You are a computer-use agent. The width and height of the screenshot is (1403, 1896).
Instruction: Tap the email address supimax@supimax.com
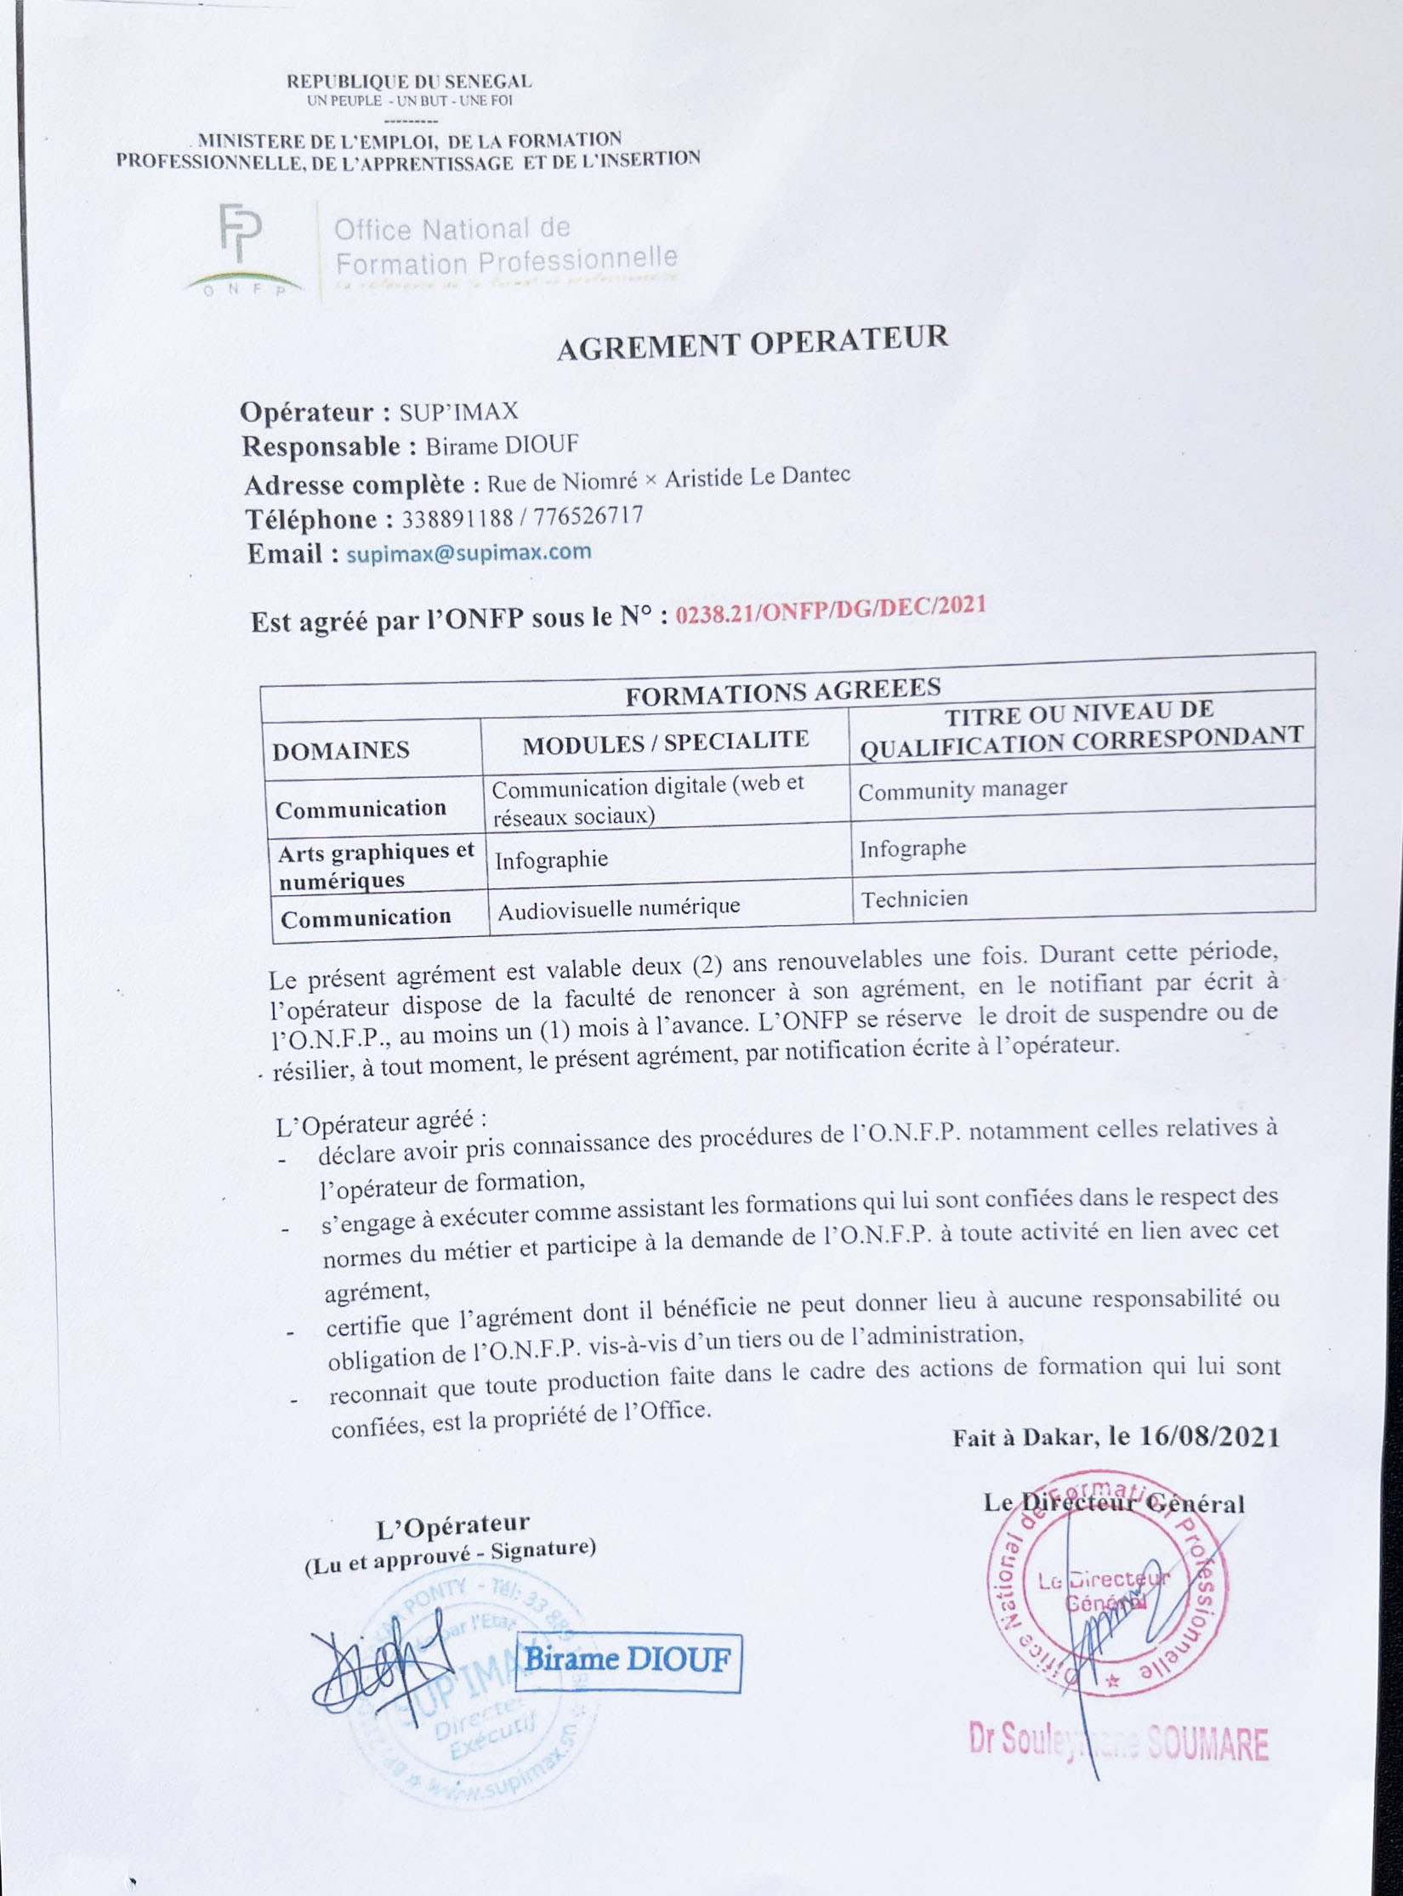469,553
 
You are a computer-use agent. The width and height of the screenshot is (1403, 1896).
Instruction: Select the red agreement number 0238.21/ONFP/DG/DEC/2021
831,610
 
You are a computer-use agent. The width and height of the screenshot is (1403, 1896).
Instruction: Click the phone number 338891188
457,518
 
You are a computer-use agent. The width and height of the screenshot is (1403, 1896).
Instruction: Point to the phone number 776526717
588,515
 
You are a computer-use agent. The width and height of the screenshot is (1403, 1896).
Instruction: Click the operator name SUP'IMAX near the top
458,412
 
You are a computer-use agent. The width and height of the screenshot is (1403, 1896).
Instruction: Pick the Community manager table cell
962,790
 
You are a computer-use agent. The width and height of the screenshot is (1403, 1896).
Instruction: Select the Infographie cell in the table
551,860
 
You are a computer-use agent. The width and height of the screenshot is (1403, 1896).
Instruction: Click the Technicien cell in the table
914,899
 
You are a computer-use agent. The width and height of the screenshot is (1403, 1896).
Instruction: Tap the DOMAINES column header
341,750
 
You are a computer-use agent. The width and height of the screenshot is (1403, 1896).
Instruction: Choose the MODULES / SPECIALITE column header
665,742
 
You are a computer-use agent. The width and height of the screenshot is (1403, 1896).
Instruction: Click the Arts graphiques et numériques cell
376,866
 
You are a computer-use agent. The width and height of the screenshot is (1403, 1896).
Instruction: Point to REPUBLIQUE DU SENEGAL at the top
409,82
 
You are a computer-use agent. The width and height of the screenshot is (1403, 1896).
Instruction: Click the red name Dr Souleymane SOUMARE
1118,1743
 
